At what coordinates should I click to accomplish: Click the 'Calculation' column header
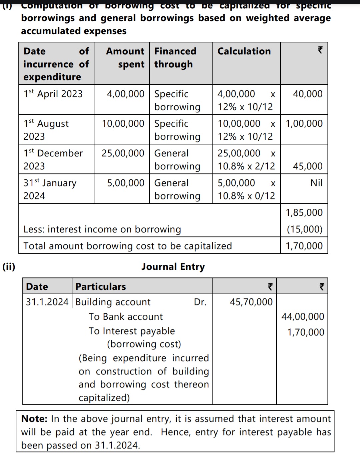pyautogui.click(x=244, y=51)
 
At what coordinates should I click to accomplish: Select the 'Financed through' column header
pyautogui.click(x=175, y=57)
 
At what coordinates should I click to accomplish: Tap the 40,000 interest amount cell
pyautogui.click(x=307, y=94)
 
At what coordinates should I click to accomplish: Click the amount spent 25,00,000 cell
pyautogui.click(x=123, y=153)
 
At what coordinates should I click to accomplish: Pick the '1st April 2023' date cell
pyautogui.click(x=53, y=94)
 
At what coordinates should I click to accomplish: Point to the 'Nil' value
pyautogui.click(x=316, y=183)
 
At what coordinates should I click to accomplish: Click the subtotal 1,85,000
pyautogui.click(x=304, y=213)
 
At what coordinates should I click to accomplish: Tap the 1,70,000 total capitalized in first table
pyautogui.click(x=304, y=246)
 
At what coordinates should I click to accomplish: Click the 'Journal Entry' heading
pyautogui.click(x=173, y=267)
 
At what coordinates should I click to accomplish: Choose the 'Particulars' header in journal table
pyautogui.click(x=101, y=287)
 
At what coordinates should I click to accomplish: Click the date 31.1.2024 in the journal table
pyautogui.click(x=47, y=302)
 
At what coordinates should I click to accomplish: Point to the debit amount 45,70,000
pyautogui.click(x=251, y=302)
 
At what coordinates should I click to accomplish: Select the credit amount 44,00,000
pyautogui.click(x=302, y=317)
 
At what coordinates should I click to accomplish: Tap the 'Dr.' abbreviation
pyautogui.click(x=200, y=302)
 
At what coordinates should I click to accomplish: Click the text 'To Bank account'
pyautogui.click(x=126, y=317)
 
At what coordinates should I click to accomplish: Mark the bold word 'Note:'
pyautogui.click(x=34, y=419)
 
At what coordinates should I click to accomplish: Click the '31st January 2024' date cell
pyautogui.click(x=50, y=189)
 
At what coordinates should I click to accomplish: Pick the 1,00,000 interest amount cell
pyautogui.click(x=304, y=124)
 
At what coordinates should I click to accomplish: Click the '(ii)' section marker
pyautogui.click(x=9, y=267)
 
